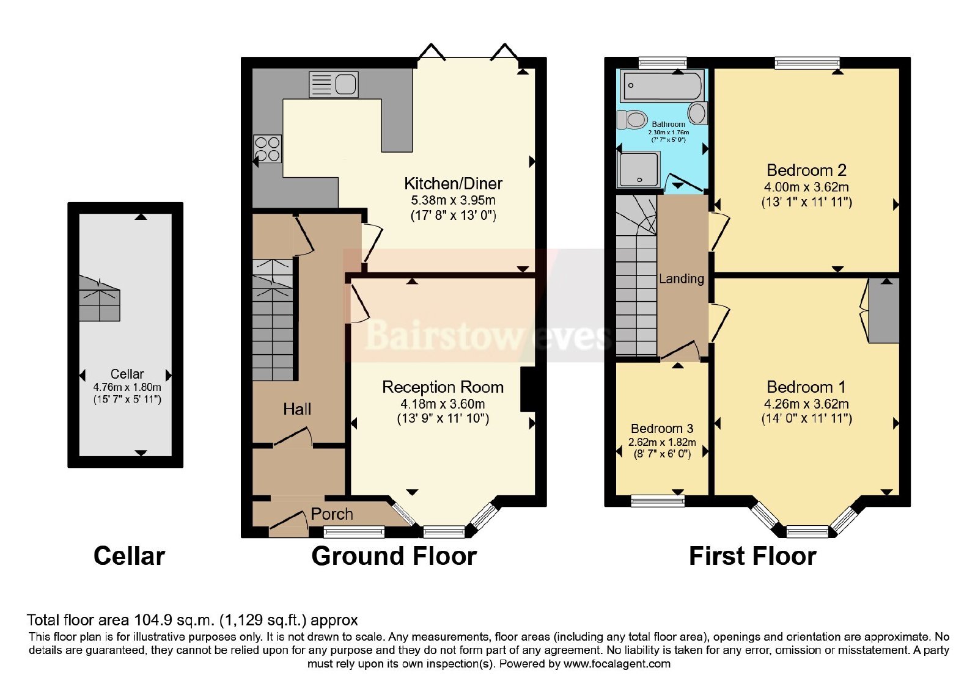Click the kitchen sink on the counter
coord(334,85)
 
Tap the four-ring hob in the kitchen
coord(268,149)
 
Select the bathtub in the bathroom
coord(663,85)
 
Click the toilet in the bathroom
coord(632,120)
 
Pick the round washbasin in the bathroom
coord(697,114)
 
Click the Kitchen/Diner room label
coord(453,184)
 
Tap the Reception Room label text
coord(443,387)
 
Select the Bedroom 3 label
coord(662,428)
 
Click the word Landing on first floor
coord(681,278)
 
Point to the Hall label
coord(297,409)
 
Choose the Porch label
coord(332,514)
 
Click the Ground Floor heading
coord(394,556)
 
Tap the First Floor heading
coord(752,556)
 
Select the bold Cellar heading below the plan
coord(129,556)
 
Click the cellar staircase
coord(100,299)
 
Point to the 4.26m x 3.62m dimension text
coord(806,404)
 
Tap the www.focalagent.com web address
coord(617,664)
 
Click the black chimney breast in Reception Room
coord(528,390)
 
